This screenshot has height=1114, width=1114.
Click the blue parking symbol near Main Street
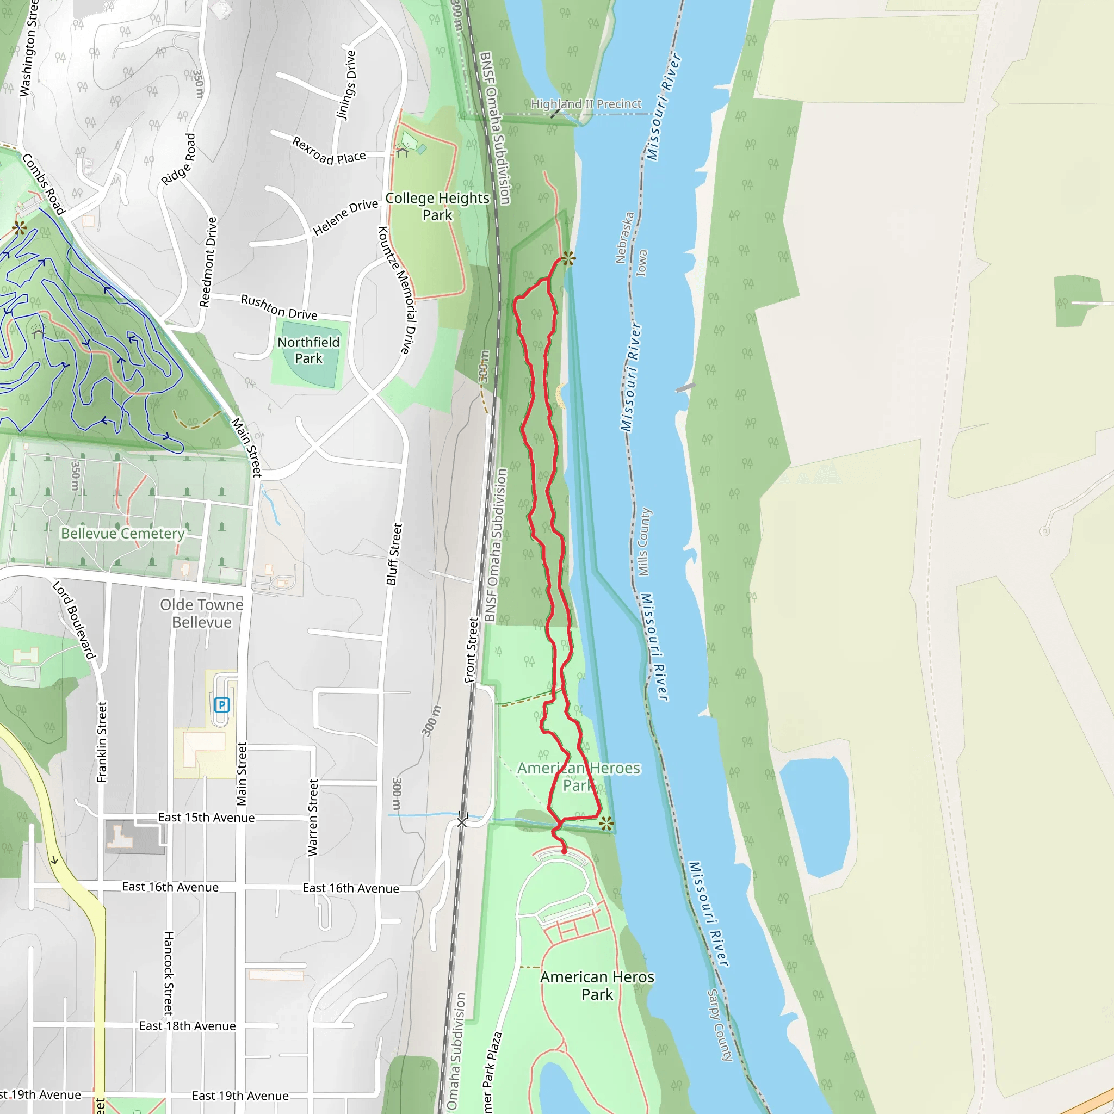(x=221, y=704)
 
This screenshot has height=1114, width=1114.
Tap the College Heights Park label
(x=437, y=206)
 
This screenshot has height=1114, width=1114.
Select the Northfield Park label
(x=308, y=350)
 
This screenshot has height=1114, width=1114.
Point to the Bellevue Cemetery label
(x=123, y=534)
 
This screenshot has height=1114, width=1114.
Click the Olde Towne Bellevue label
(x=202, y=613)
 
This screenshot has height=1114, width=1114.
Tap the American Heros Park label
(x=597, y=986)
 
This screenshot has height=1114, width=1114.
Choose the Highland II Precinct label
(x=586, y=104)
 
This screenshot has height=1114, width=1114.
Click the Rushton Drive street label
(x=279, y=307)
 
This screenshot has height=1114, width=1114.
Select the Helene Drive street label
(x=345, y=218)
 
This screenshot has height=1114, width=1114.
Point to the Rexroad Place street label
(x=329, y=151)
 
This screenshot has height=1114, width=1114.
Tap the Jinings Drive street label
(x=346, y=85)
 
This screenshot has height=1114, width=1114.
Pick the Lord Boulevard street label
(x=73, y=620)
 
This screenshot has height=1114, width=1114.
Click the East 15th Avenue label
(x=206, y=818)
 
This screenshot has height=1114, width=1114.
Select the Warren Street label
(x=313, y=818)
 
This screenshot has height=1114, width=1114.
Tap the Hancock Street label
(x=169, y=973)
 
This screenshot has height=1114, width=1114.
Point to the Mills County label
(x=643, y=542)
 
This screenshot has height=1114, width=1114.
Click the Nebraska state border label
(x=624, y=238)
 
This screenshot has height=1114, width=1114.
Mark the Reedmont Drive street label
(x=208, y=262)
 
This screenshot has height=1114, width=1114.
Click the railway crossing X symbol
(x=462, y=822)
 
